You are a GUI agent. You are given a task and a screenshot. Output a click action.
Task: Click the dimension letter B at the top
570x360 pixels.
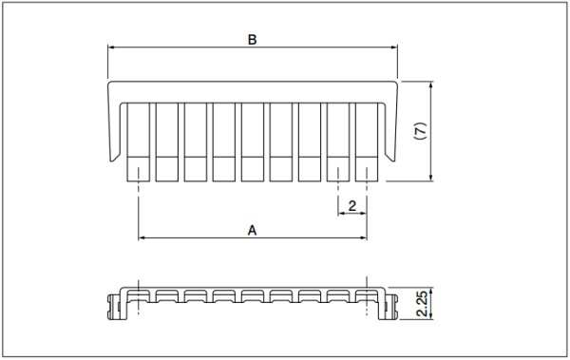pos(252,40)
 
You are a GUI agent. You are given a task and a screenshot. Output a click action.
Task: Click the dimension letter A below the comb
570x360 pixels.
pos(252,230)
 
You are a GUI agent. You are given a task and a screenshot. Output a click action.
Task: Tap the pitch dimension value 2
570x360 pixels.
pos(351,206)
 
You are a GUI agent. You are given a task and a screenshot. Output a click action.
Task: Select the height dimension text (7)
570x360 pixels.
pos(421,131)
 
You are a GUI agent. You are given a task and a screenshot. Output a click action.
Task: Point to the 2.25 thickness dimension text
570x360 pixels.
pos(423,304)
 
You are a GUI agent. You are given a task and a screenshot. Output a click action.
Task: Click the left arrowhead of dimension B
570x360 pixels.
pos(111,47)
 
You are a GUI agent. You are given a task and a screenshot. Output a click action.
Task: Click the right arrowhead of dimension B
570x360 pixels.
pos(394,47)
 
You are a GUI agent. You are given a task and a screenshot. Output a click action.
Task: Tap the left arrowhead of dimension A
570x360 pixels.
pos(142,237)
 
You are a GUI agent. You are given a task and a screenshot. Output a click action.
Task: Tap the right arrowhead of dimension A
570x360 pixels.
pos(363,237)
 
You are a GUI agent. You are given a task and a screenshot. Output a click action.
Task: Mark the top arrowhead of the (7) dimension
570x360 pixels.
pos(430,85)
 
